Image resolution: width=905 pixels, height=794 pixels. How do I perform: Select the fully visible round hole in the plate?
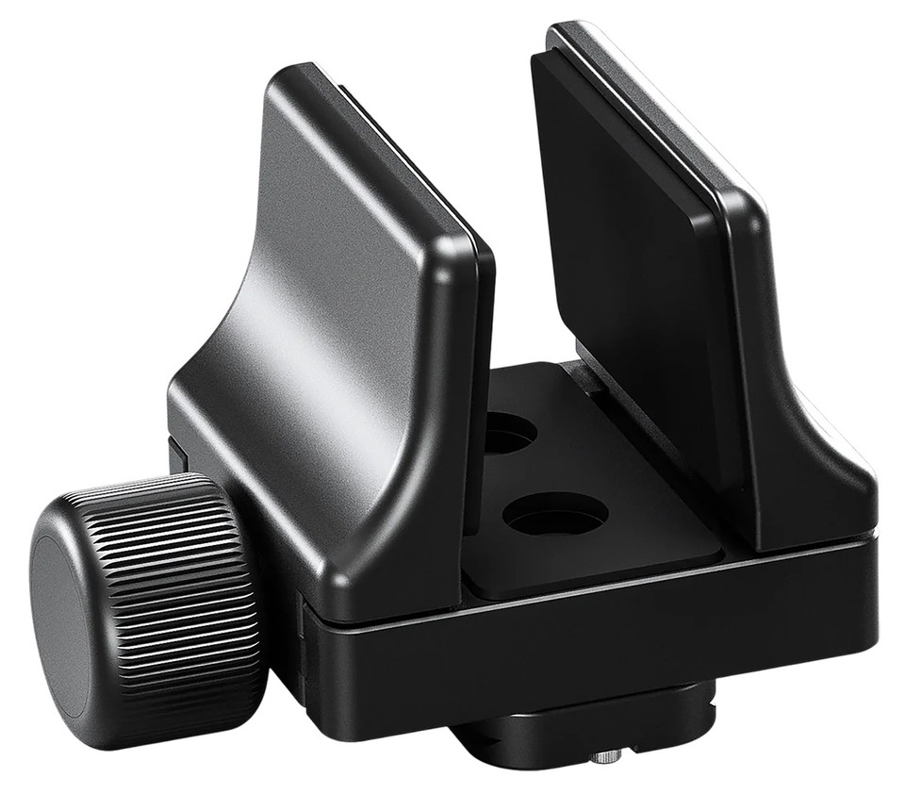(554, 514)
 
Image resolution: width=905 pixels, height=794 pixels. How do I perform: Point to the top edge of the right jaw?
(650, 104)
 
